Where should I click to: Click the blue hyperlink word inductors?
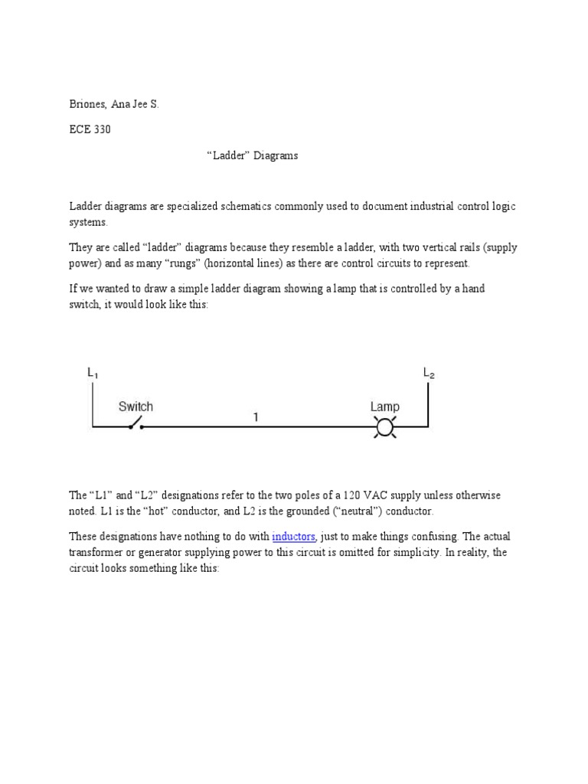293,537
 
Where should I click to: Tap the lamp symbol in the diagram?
384,426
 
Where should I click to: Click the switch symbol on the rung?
136,423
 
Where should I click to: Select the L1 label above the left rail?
93,373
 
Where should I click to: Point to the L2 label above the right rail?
429,373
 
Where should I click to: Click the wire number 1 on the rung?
256,417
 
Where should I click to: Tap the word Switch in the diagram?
136,407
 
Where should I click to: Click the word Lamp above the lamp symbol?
384,407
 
